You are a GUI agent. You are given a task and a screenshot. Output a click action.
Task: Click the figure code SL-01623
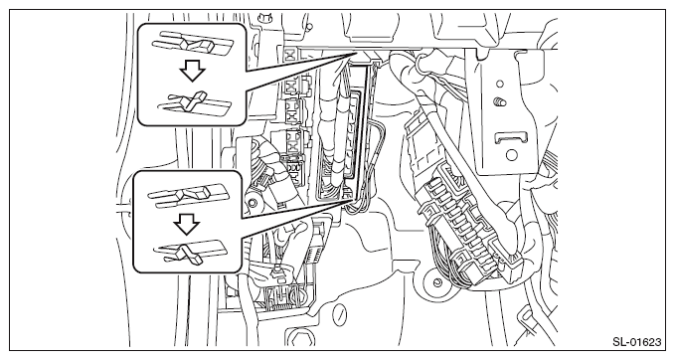[636, 342]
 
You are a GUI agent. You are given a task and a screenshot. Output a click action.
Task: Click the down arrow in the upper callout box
[192, 70]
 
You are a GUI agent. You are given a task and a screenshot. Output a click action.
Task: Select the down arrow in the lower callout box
[187, 224]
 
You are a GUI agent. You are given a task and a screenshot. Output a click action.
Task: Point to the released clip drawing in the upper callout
[194, 103]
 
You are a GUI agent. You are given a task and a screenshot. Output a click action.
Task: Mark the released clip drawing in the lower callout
[190, 251]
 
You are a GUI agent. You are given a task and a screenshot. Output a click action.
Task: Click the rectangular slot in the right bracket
[511, 138]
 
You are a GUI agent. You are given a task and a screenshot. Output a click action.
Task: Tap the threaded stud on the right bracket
[500, 102]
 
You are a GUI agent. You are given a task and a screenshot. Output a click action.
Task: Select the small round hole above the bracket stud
[499, 84]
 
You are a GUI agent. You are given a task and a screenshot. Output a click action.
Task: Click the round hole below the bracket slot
[512, 155]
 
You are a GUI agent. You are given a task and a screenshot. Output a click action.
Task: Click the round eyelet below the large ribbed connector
[436, 282]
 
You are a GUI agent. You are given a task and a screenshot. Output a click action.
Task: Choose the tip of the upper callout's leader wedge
[358, 52]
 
